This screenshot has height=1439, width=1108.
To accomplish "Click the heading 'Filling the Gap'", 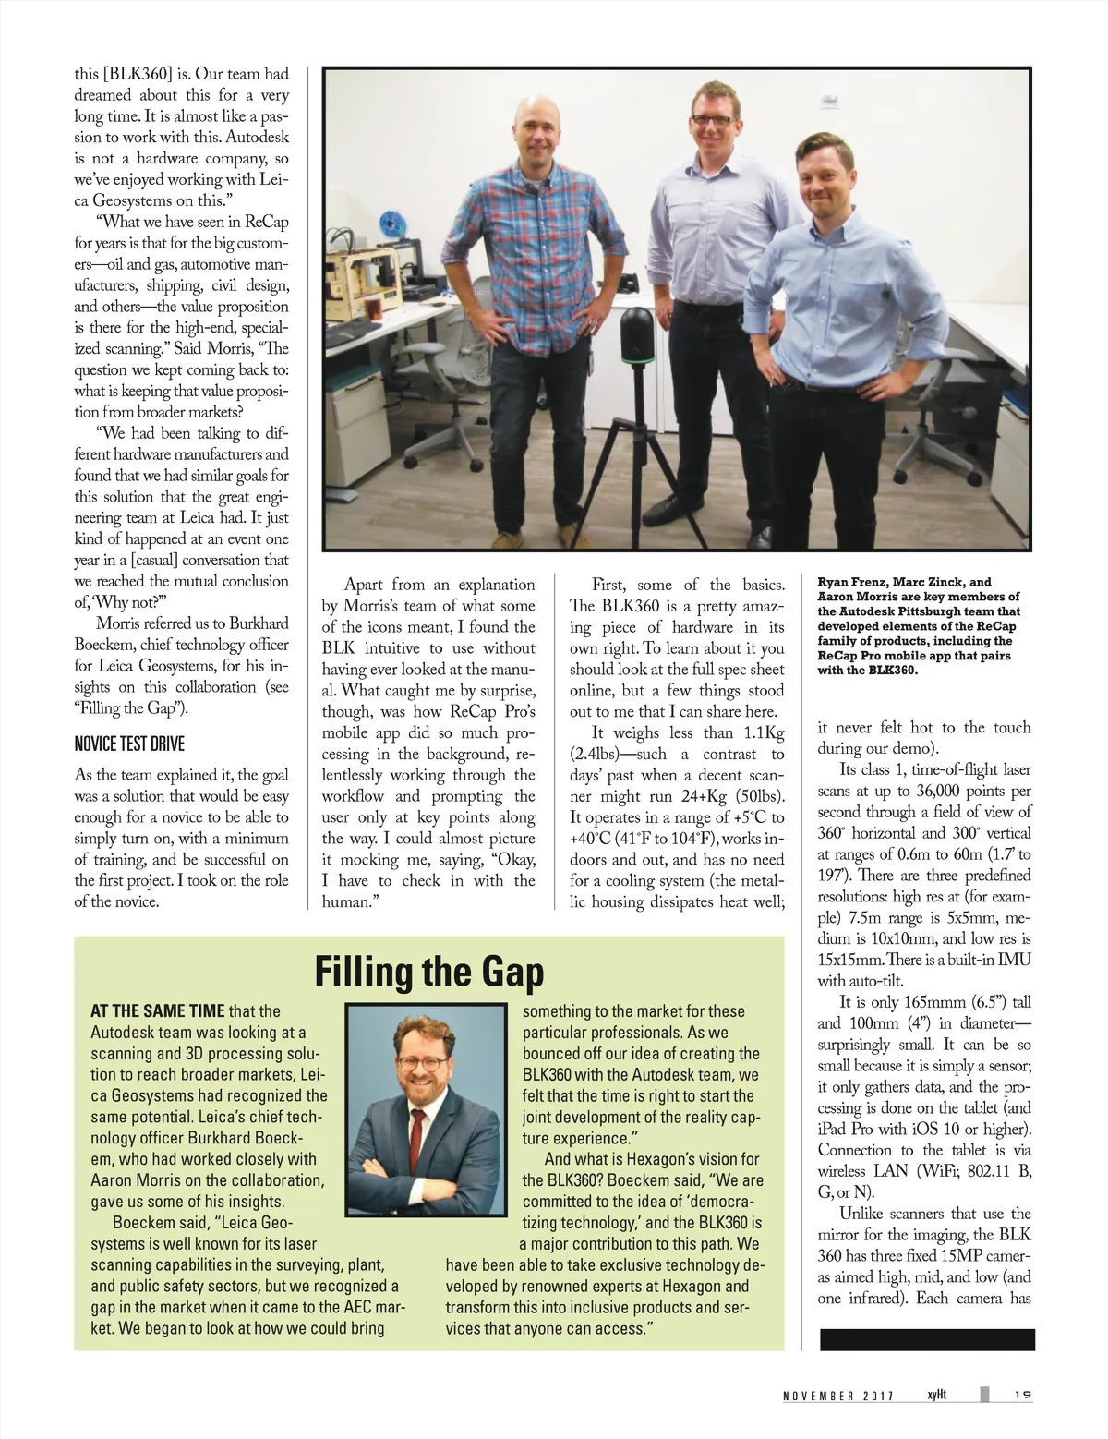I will tap(429, 973).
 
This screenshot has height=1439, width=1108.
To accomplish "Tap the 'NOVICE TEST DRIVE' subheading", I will tap(129, 744).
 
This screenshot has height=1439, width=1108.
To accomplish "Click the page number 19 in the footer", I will tap(1022, 1396).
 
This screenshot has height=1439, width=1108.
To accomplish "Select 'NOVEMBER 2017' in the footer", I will tap(838, 1397).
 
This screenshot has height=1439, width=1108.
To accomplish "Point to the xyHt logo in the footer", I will tap(937, 1396).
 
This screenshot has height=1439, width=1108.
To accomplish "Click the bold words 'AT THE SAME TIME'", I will tap(157, 1011).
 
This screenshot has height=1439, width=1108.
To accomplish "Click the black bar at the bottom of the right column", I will tap(927, 1340).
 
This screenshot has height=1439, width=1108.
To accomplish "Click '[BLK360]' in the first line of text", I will tap(138, 74).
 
